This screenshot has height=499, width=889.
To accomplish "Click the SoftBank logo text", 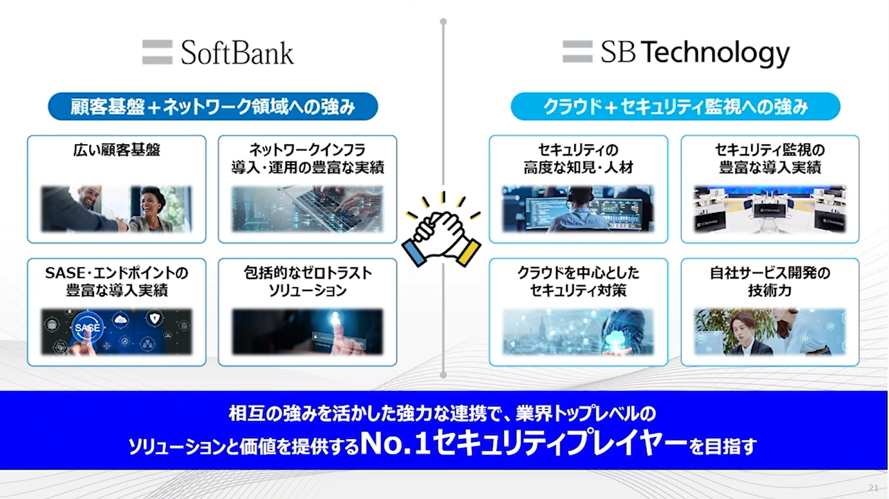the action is [x=237, y=53].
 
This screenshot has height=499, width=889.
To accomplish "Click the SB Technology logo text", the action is [x=695, y=54].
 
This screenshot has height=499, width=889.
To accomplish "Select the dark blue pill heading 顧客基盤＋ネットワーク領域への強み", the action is [x=212, y=107].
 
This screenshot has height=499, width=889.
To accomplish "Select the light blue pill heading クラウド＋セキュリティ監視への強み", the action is [x=675, y=107].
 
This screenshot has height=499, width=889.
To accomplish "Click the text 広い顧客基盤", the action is [x=117, y=150].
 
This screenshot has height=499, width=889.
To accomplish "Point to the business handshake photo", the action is [x=117, y=209].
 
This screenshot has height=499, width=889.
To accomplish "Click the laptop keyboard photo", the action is [x=308, y=209].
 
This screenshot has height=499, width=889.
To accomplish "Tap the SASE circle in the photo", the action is [x=87, y=327].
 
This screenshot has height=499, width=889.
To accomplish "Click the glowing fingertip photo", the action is [x=308, y=331].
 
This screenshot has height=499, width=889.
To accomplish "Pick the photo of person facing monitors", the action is [x=578, y=209].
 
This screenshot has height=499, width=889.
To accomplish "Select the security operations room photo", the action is [x=770, y=209].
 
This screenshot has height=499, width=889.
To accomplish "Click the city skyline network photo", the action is [x=578, y=331].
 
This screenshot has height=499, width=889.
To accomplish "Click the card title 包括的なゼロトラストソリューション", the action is [x=308, y=281].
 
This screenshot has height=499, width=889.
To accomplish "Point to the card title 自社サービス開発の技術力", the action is [x=770, y=281].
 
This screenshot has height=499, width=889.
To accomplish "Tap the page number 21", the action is [x=873, y=488].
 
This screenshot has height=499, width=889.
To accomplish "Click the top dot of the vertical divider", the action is [x=444, y=22].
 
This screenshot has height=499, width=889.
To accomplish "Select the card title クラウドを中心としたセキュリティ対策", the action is [x=578, y=281].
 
